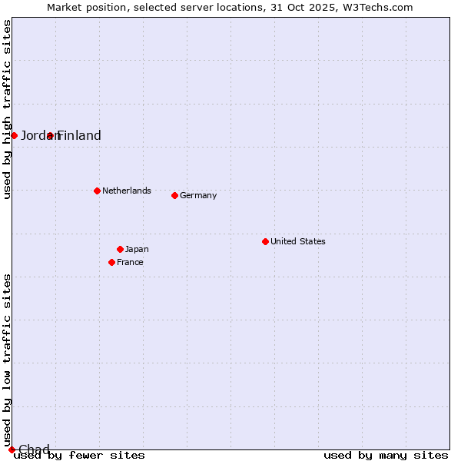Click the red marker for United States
click(x=265, y=241)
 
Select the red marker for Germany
click(x=174, y=195)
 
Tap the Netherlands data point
click(x=97, y=191)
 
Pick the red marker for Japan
click(x=120, y=249)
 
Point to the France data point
click(x=111, y=262)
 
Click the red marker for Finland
click(x=50, y=135)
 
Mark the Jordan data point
click(x=14, y=135)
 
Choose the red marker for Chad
click(x=12, y=449)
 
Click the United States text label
click(x=298, y=241)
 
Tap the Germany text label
click(x=198, y=195)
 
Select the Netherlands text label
click(x=127, y=191)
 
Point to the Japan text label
click(x=137, y=249)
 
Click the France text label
click(x=130, y=262)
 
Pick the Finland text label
click(x=80, y=135)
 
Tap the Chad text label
click(x=34, y=449)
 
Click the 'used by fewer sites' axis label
click(x=80, y=455)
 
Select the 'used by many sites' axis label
click(x=386, y=455)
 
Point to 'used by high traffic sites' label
click(x=7, y=109)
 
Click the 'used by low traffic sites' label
click(x=7, y=360)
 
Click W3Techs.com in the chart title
click(x=378, y=7)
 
